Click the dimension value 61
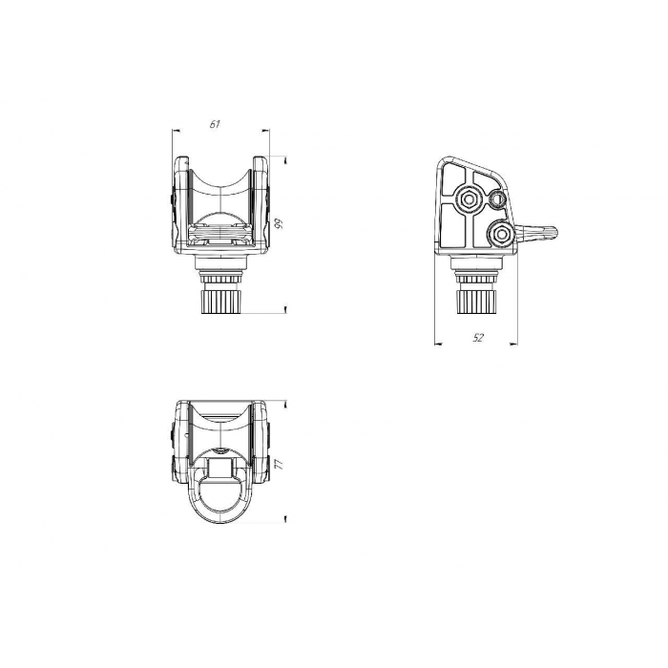coord(215,124)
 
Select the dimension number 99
coord(279,224)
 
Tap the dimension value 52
coord(478,338)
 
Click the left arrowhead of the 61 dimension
coord(176,132)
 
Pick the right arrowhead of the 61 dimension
coord(266,132)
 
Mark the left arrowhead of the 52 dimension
coord(438,344)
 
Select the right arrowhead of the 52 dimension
coord(513,344)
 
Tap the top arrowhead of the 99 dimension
coord(285,160)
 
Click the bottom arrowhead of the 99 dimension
coord(285,309)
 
